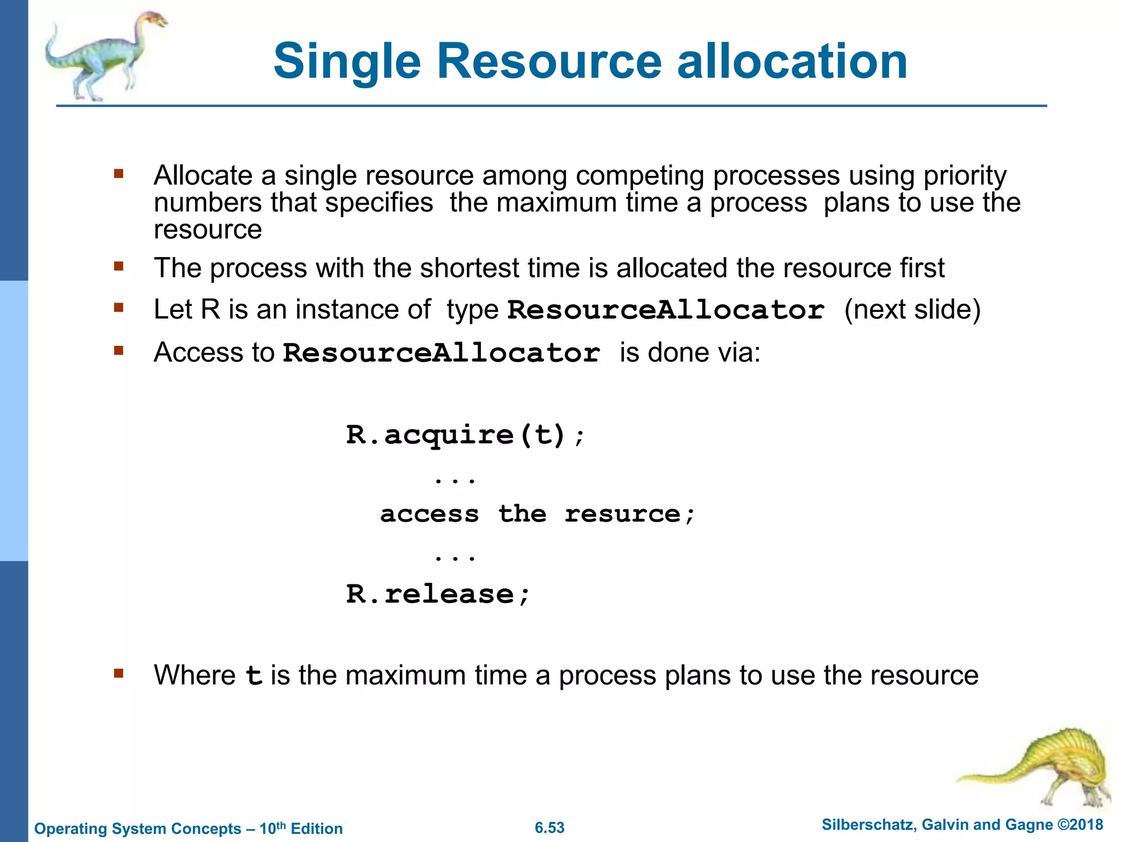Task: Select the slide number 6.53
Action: pyautogui.click(x=549, y=828)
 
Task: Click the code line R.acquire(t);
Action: pyautogui.click(x=465, y=436)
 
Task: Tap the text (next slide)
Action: pyautogui.click(x=912, y=310)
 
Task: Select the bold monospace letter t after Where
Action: pyautogui.click(x=254, y=676)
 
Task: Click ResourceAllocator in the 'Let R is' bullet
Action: pyautogui.click(x=665, y=310)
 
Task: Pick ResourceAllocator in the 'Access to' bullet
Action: pyautogui.click(x=441, y=353)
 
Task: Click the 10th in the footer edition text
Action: pyautogui.click(x=272, y=828)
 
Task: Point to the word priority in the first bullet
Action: pyautogui.click(x=965, y=176)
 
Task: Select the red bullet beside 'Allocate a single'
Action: pyautogui.click(x=119, y=175)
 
